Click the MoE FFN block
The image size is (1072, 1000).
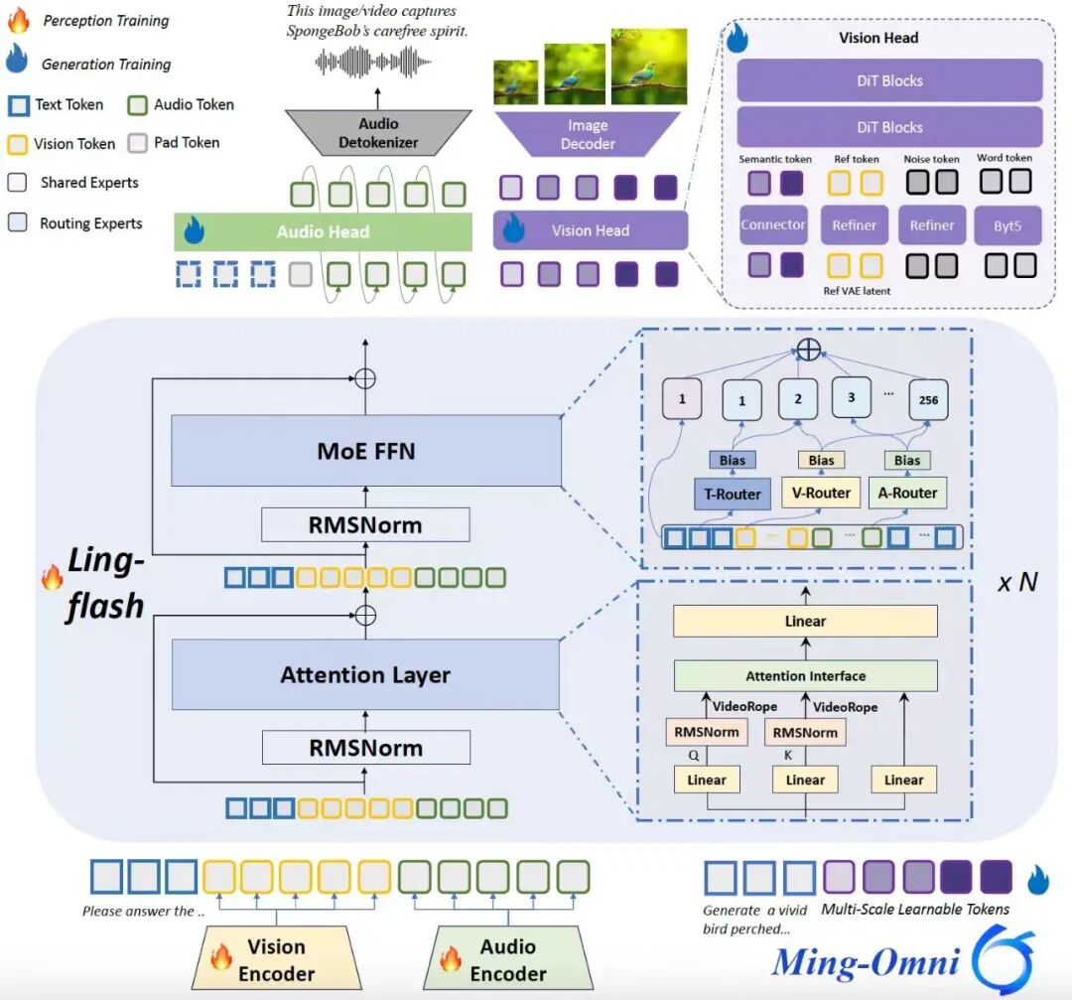(x=365, y=452)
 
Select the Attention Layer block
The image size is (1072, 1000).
(x=365, y=675)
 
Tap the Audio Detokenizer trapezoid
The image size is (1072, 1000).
(x=377, y=132)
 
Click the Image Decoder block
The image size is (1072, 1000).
(x=588, y=134)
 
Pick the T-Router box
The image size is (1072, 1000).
(x=733, y=494)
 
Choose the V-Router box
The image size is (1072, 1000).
(x=821, y=493)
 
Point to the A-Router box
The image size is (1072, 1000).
(x=907, y=493)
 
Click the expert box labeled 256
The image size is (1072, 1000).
(x=928, y=400)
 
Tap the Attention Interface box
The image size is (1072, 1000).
(x=805, y=676)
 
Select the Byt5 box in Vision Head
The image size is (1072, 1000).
(x=1007, y=225)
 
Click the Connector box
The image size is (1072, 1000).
(x=773, y=225)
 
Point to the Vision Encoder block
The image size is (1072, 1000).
(x=276, y=959)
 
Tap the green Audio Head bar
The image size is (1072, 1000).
(x=324, y=232)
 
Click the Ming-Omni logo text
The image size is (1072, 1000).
(x=866, y=961)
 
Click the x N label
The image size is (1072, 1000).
(x=1017, y=582)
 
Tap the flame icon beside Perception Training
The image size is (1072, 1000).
(x=21, y=20)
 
